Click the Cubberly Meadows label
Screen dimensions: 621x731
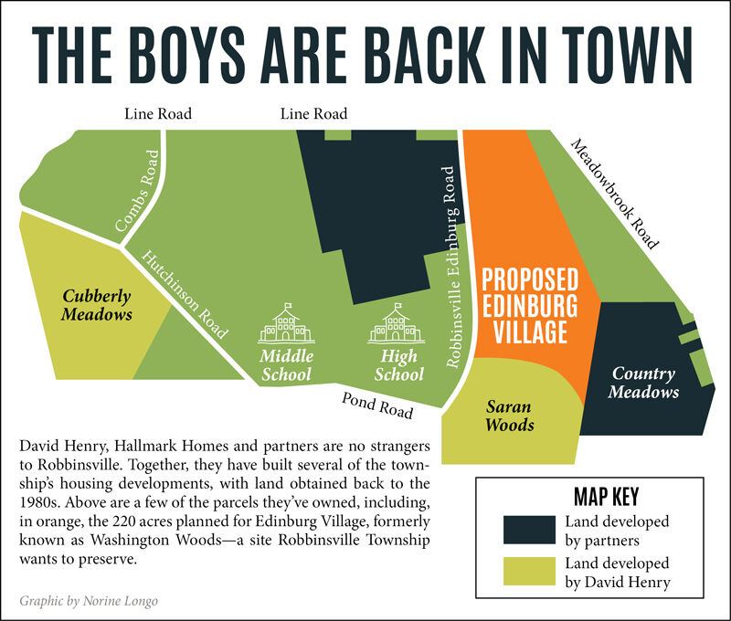tap(97, 305)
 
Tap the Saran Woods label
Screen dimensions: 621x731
tap(509, 416)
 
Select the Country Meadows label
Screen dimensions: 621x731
tap(643, 383)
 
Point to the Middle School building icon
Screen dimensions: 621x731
tap(286, 323)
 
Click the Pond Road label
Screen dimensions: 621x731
tap(377, 405)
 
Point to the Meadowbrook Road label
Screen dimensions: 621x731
tap(614, 194)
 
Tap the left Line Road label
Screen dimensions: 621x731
tap(158, 114)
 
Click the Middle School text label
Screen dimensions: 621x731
tap(286, 364)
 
